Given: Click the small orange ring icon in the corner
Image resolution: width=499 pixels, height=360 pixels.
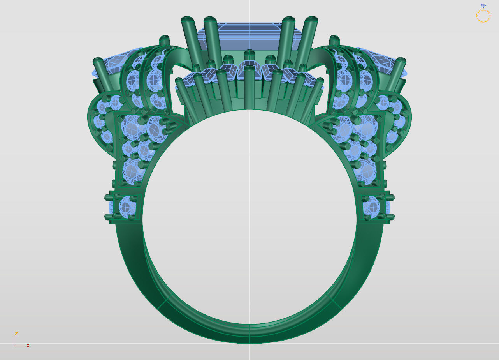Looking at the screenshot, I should [483, 14].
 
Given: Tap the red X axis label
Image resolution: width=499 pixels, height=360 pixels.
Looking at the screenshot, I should [28, 345].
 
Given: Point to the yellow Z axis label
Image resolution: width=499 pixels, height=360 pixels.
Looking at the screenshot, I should [16, 334].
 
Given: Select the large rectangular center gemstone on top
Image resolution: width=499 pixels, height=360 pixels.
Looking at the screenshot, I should [249, 37].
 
